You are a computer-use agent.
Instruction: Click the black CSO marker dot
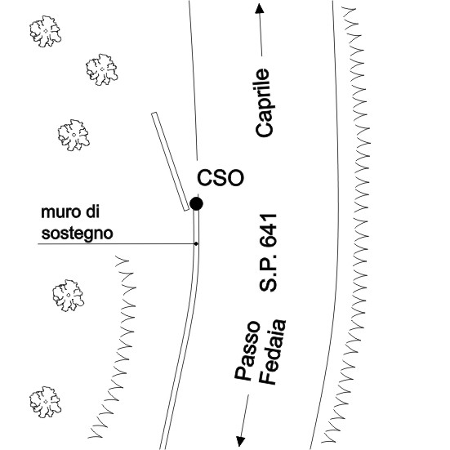(196, 203)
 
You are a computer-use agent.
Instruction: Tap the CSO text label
(221, 178)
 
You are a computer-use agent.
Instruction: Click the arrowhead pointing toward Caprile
(260, 8)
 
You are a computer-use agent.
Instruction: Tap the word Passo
(247, 350)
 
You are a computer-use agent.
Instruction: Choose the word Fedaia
(272, 351)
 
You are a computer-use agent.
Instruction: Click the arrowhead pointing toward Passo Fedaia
(240, 441)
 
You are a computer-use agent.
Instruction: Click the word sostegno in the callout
(77, 234)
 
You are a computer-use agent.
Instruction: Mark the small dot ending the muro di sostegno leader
(196, 243)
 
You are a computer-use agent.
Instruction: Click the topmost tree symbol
(46, 31)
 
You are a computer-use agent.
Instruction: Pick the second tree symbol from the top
(102, 69)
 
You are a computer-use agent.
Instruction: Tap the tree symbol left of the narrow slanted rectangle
(74, 136)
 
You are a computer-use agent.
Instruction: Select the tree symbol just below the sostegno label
(69, 296)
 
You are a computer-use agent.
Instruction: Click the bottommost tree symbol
(46, 402)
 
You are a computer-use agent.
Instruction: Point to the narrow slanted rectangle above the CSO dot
(170, 162)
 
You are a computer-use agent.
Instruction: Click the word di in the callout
(92, 212)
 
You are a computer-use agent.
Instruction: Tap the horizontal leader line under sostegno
(117, 244)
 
